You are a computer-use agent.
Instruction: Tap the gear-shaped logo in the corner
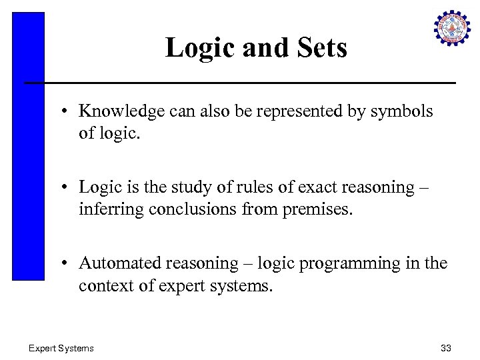pos(452,28)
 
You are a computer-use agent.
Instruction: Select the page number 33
pos(446,348)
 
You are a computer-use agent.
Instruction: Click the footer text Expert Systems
pos(61,348)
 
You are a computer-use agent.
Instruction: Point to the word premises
pos(317,209)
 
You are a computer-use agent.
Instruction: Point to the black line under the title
pos(240,83)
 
